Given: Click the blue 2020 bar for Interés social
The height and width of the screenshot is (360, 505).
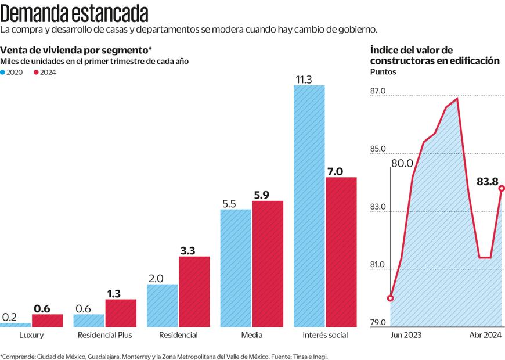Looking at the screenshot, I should click(x=309, y=206).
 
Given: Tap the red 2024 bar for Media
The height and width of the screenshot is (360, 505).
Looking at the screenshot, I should click(x=268, y=264).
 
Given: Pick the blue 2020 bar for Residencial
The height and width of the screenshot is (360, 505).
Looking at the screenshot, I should click(x=163, y=305).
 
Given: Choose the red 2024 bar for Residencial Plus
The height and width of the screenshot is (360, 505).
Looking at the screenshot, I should click(x=121, y=313).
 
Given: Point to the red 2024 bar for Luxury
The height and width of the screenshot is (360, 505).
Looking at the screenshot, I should click(x=47, y=321).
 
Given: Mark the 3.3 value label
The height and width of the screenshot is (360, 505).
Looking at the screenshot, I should click(x=187, y=251).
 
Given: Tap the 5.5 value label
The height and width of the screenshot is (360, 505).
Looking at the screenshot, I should click(x=229, y=204).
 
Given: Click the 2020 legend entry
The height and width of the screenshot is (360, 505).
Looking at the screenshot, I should click(x=15, y=72).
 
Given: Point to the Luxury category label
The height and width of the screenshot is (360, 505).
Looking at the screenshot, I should click(x=31, y=335).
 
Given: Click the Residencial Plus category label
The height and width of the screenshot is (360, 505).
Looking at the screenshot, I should click(x=104, y=335).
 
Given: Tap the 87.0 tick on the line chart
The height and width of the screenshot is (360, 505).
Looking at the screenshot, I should click(x=378, y=92).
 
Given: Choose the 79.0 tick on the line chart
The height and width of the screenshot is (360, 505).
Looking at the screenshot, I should click(x=378, y=323).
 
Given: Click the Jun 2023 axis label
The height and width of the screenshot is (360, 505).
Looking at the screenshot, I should click(x=406, y=335).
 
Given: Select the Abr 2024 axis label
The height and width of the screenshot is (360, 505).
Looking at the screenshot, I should click(x=484, y=335).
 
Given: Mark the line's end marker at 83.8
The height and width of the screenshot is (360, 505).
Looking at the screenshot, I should click(x=502, y=188).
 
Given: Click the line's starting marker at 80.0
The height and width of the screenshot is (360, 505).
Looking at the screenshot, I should click(x=390, y=298).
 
